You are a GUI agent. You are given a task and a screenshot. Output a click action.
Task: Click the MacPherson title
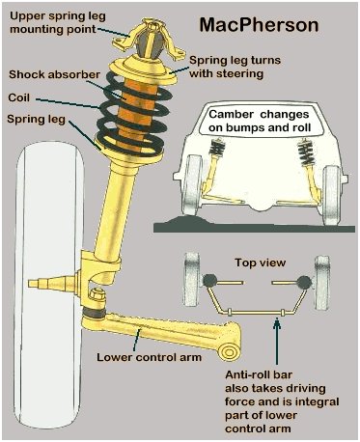click(259, 25)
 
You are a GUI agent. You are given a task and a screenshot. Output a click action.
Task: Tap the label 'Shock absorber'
click(54, 74)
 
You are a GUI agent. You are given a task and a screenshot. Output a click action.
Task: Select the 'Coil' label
click(19, 97)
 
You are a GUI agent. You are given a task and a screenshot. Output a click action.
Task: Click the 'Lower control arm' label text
click(150, 357)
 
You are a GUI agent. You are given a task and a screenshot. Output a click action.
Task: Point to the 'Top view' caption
click(261, 262)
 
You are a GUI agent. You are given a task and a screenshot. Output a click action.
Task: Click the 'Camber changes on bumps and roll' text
click(259, 121)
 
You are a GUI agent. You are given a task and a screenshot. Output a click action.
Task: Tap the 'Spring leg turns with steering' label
click(235, 67)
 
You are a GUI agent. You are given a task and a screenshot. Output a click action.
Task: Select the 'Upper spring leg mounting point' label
click(58, 22)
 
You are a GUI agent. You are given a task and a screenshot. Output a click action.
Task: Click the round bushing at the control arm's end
click(230, 351)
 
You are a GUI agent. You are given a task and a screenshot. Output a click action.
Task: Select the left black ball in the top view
click(209, 281)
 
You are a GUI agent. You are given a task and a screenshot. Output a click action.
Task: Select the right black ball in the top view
click(304, 282)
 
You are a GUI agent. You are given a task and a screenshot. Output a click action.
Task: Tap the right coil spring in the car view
click(304, 152)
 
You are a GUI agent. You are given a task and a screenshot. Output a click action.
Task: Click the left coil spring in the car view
click(216, 148)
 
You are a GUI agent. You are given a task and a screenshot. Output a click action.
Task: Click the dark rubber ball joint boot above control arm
click(94, 312)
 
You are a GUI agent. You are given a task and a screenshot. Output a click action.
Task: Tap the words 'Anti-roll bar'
click(259, 374)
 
